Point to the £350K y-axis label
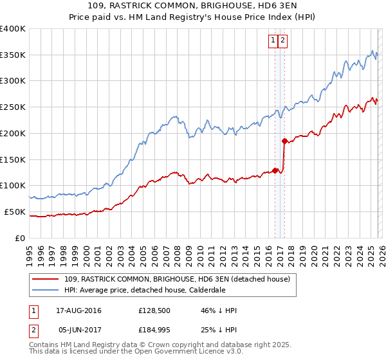click(12, 55)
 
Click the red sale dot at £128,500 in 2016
click(275, 170)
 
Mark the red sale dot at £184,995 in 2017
click(284, 141)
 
